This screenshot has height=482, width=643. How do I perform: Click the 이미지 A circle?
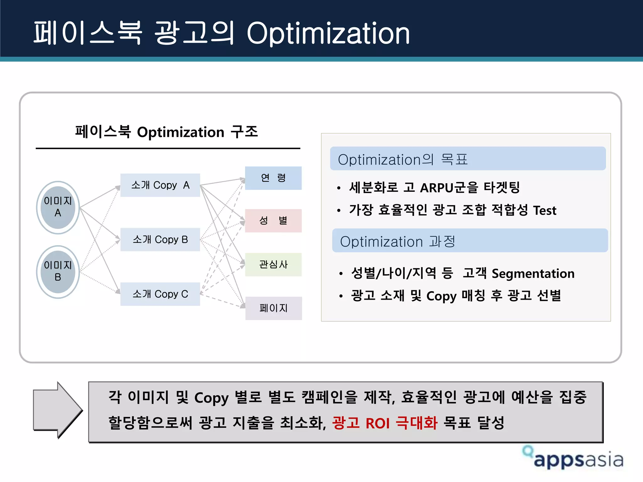[58, 207]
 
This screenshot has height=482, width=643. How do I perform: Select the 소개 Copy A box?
[160, 185]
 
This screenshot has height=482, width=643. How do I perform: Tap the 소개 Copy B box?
[160, 239]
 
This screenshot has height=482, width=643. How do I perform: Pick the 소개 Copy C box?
[160, 294]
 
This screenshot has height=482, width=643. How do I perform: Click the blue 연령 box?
[273, 178]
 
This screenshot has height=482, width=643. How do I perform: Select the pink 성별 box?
[273, 221]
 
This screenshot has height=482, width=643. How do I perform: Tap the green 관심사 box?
[273, 265]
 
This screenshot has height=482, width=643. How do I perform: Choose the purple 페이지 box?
[273, 308]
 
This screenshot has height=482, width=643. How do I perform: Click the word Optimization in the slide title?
[328, 33]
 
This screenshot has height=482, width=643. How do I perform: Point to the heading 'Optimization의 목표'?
[403, 159]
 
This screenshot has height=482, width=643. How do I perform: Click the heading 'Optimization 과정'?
[397, 242]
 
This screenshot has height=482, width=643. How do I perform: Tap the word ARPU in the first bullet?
[441, 188]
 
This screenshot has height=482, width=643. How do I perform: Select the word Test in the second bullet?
[545, 210]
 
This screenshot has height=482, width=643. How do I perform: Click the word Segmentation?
[533, 274]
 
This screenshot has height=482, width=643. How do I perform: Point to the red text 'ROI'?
[377, 423]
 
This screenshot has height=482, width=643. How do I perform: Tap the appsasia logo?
[573, 458]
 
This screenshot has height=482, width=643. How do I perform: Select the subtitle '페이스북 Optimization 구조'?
[166, 132]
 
